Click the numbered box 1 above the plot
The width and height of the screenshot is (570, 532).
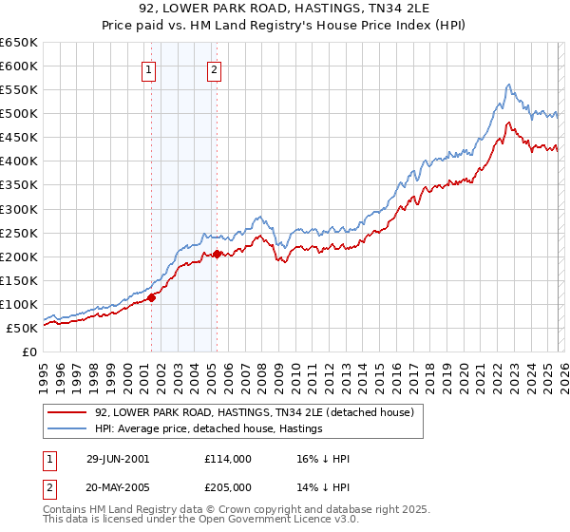click(x=150, y=68)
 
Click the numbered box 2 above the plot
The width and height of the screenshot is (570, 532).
click(x=215, y=68)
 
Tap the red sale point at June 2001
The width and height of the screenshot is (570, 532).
click(x=151, y=297)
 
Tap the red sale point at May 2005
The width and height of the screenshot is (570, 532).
click(x=217, y=254)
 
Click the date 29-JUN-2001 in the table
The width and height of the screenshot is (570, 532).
click(x=117, y=459)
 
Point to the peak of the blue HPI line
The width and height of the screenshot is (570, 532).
click(x=509, y=85)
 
